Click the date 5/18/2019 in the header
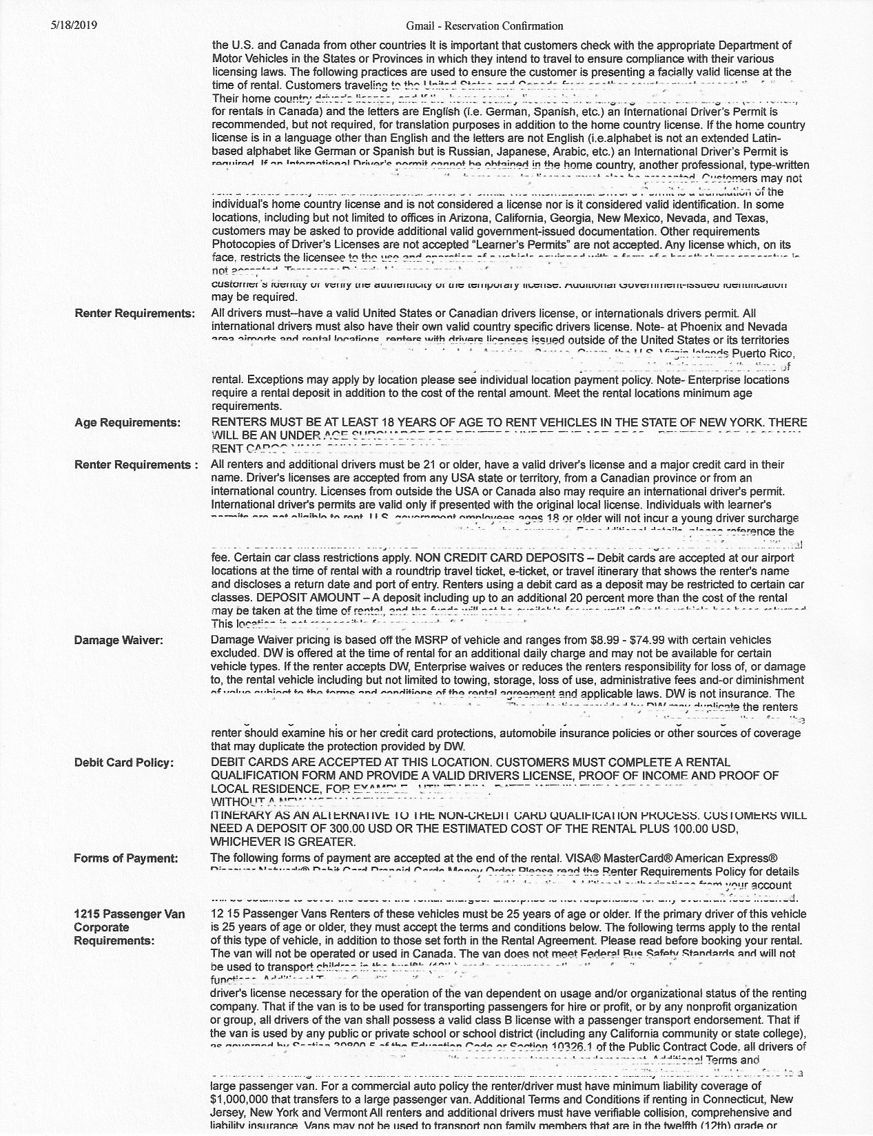coord(74,25)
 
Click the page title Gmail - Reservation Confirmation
coord(484,26)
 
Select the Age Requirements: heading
coord(127,422)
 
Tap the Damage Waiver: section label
coord(119,640)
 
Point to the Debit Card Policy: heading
coord(124,763)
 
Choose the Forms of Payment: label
coord(126,858)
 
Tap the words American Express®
coord(732,858)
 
